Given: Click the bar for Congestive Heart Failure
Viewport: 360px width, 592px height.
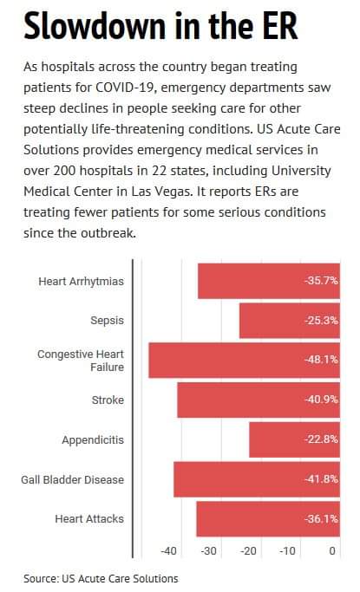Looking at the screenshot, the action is pos(244,361).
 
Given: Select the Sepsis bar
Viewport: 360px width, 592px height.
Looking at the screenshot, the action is pos(290,321).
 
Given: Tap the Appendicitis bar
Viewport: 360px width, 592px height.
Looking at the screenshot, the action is pos(295,439).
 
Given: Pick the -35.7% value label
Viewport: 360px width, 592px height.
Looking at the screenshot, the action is pos(321,281).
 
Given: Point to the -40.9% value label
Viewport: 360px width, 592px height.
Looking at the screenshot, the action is pos(321,400).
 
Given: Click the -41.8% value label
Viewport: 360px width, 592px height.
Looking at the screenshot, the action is pos(321,478).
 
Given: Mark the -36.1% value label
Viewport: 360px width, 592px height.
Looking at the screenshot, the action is pos(321,518).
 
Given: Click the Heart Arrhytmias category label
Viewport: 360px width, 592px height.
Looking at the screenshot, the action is pos(82,282).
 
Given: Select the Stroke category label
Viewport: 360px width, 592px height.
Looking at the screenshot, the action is pos(108,400).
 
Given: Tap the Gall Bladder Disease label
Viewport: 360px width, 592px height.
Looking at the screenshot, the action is pos(73,479).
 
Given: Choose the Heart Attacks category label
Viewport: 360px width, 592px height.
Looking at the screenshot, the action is pos(89,518).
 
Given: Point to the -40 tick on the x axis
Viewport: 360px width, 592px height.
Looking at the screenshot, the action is pos(168,551).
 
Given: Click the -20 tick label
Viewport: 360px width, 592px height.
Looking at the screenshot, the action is pos(248,551).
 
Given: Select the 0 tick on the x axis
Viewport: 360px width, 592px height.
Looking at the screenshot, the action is pos(332,551).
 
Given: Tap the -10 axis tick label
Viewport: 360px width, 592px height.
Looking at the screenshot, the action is pos(287,551).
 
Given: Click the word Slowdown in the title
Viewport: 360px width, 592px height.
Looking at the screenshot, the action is pos(95,26).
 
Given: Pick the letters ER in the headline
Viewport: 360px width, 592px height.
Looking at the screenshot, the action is pos(280,26).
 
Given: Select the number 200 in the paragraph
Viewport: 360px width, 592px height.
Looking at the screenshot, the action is pos(65,171).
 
